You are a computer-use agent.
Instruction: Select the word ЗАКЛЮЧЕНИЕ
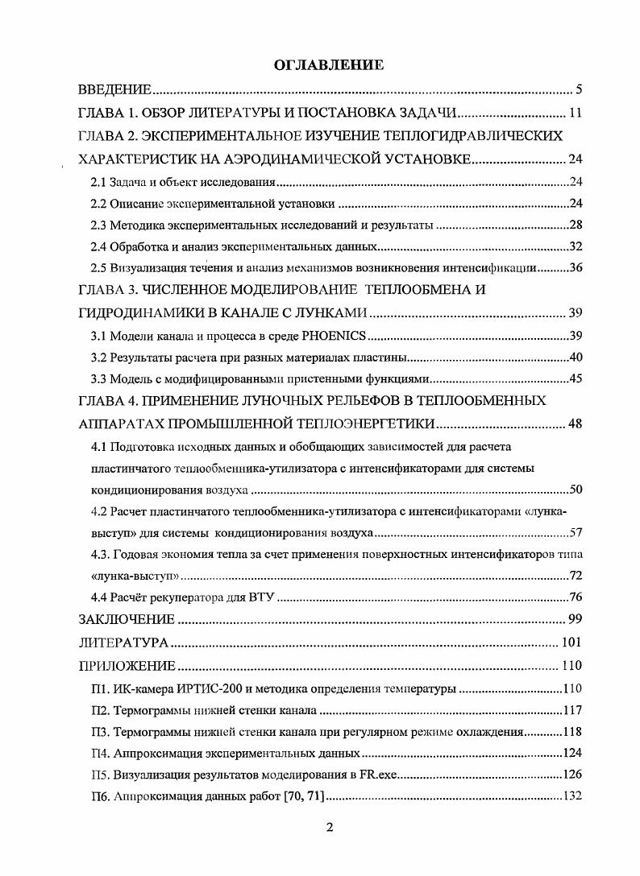(x=127, y=619)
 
